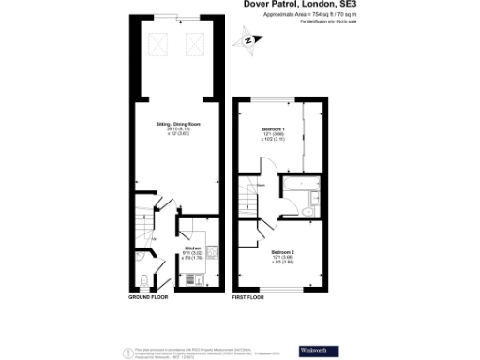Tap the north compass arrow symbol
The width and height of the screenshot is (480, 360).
coord(248,40)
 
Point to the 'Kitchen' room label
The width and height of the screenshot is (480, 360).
coord(192,250)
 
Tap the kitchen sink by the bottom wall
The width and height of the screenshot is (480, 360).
coord(197,278)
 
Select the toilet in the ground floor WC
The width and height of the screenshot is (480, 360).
coord(142,279)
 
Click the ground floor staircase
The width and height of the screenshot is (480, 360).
coord(142,225)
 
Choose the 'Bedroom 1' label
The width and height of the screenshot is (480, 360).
coord(274,132)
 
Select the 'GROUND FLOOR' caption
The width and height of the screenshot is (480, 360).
coord(148,297)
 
